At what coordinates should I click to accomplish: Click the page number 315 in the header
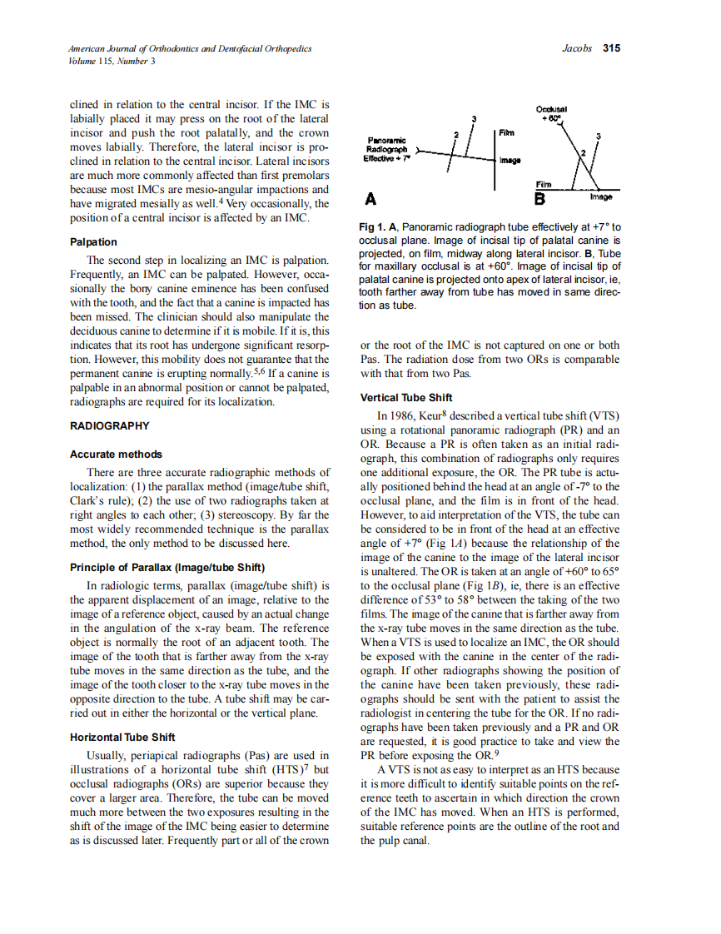tap(611, 48)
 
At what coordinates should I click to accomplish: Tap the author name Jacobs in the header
tap(577, 48)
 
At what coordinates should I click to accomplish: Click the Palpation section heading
tap(93, 242)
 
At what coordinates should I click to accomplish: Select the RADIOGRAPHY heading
tap(109, 425)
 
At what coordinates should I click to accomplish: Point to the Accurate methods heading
tap(116, 455)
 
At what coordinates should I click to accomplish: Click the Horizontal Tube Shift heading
tap(122, 737)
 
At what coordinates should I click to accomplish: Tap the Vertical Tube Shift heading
tap(406, 397)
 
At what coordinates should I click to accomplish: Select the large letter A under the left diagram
tap(370, 199)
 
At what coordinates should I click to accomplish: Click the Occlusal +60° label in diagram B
tap(551, 113)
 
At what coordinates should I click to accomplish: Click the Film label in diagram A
tap(506, 132)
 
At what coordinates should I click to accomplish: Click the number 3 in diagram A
tap(474, 119)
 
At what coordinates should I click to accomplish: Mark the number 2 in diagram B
tap(584, 154)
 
